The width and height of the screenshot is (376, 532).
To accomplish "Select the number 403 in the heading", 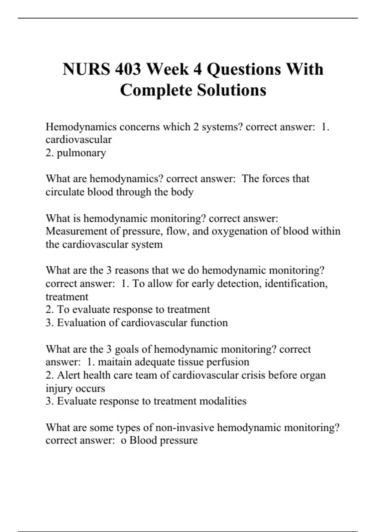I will (x=128, y=69).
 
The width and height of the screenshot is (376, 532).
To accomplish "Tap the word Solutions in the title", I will (x=232, y=90).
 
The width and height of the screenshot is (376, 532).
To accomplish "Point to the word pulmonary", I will (x=81, y=153).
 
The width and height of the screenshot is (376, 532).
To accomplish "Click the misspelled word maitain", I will (x=115, y=362).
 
